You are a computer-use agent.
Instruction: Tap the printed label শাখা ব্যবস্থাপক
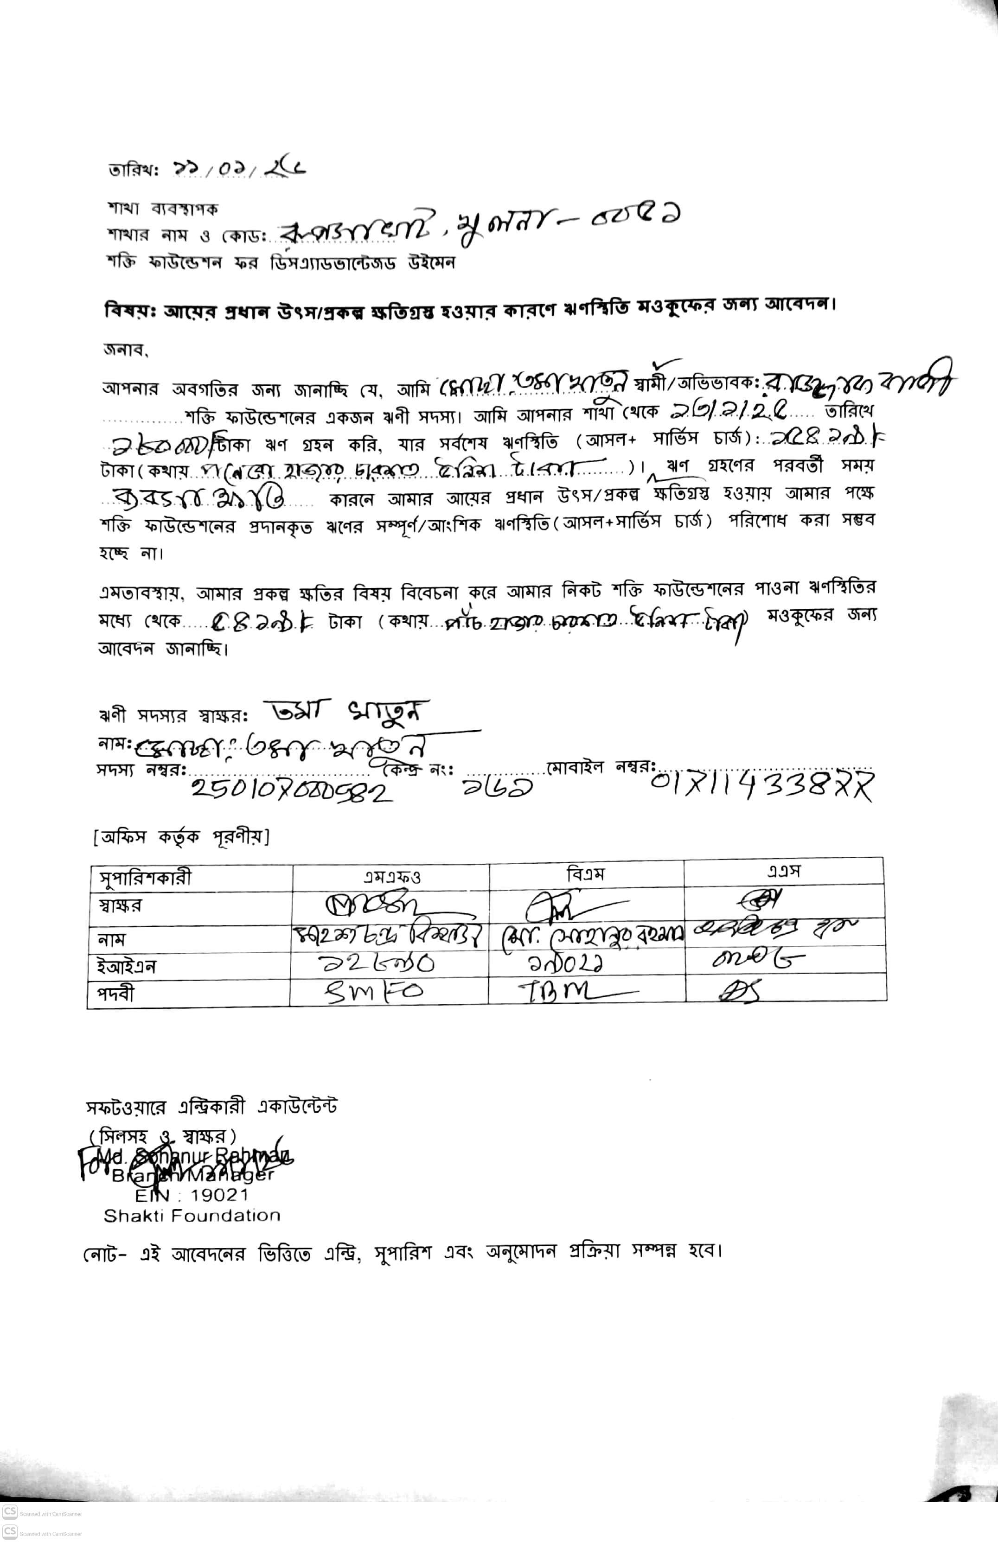point(163,209)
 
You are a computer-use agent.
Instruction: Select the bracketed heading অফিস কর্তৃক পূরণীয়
point(181,837)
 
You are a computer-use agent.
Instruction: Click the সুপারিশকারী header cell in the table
point(145,878)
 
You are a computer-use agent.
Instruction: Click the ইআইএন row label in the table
point(123,967)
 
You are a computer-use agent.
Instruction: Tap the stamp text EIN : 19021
point(192,1195)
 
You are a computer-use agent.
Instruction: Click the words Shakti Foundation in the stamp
point(192,1216)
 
